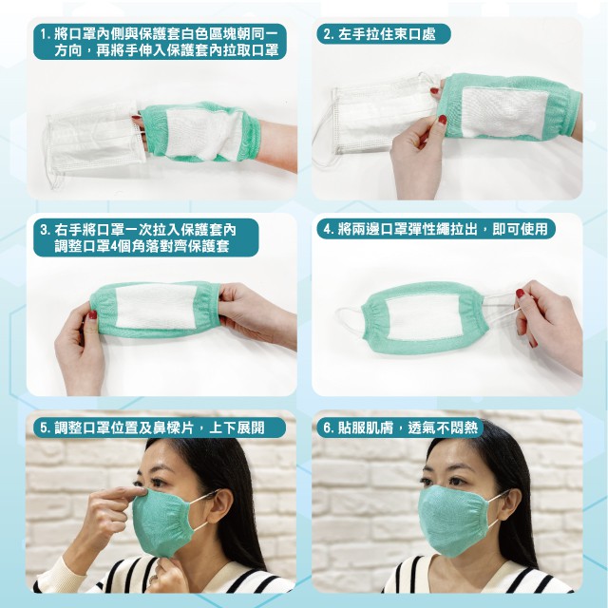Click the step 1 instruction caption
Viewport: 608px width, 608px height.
pos(160,42)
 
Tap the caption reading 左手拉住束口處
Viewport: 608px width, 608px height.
pos(384,34)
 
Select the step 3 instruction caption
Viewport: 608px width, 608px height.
pos(145,237)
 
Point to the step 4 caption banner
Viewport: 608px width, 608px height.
pos(436,229)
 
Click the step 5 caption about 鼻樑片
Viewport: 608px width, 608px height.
pos(159,427)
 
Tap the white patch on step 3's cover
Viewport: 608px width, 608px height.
pos(155,305)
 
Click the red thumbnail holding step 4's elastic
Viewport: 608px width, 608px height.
pos(520,294)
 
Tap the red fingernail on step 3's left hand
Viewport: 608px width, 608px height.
pos(93,314)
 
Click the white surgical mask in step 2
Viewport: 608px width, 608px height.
pos(382,116)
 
